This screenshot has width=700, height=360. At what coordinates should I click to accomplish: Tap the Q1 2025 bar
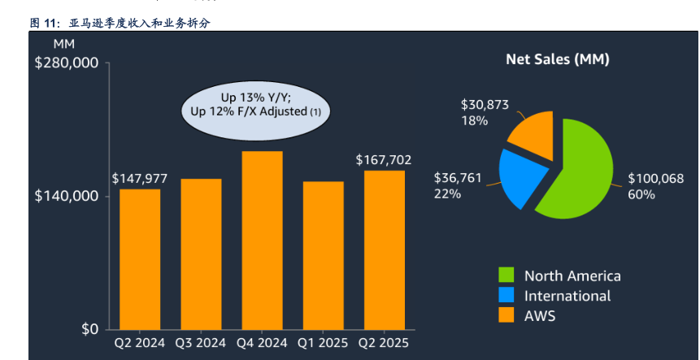(323, 255)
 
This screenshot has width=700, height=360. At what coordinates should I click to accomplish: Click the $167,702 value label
(384, 160)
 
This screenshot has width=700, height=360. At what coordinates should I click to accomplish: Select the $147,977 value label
(140, 178)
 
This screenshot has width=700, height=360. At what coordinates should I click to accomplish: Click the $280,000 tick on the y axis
(67, 63)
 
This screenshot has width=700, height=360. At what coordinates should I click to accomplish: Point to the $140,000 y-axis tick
(67, 197)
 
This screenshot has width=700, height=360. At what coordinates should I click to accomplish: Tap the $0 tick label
(89, 329)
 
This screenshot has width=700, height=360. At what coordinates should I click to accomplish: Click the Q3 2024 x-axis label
(201, 342)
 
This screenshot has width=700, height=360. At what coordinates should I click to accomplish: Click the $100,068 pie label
(656, 179)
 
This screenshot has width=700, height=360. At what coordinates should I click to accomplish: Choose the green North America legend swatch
(507, 275)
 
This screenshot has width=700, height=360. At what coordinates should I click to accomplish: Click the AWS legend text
(540, 316)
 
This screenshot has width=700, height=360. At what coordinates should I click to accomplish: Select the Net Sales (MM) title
(558, 59)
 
